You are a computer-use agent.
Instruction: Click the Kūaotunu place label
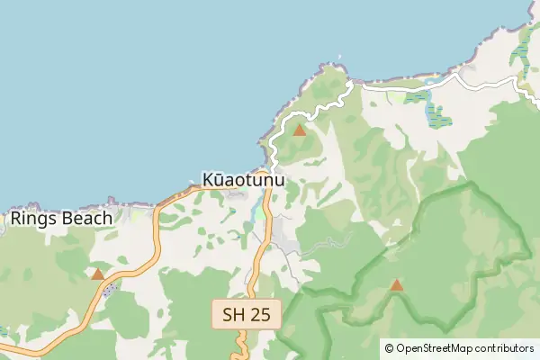(244, 180)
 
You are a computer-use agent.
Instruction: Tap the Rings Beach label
(61, 218)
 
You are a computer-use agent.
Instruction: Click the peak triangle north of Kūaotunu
(300, 130)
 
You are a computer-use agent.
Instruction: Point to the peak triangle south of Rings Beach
(97, 274)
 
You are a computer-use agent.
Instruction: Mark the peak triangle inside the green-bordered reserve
(396, 285)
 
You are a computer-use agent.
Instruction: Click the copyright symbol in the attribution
(389, 347)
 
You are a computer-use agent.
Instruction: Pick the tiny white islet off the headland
(340, 63)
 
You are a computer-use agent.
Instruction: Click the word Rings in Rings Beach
(30, 218)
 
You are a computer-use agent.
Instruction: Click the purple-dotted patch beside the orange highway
(111, 292)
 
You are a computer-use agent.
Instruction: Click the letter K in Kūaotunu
(209, 180)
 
